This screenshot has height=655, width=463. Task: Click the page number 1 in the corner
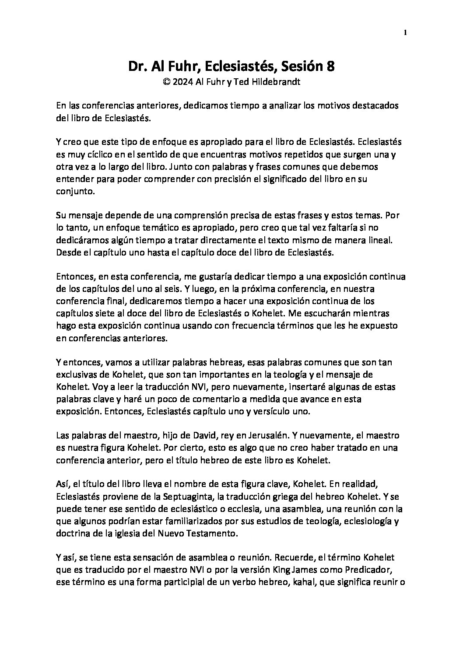405,32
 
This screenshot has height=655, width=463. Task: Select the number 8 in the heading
331,67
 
